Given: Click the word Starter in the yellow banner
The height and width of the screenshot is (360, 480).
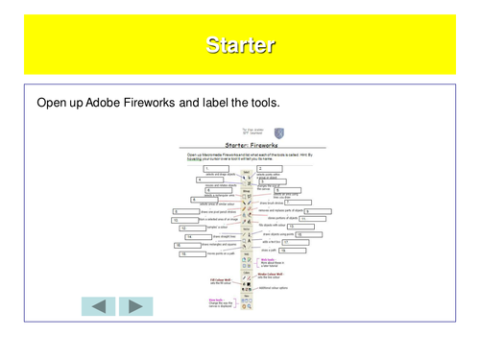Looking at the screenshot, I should pyautogui.click(x=240, y=45).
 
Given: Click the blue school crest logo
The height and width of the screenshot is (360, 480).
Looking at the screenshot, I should pyautogui.click(x=278, y=132).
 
